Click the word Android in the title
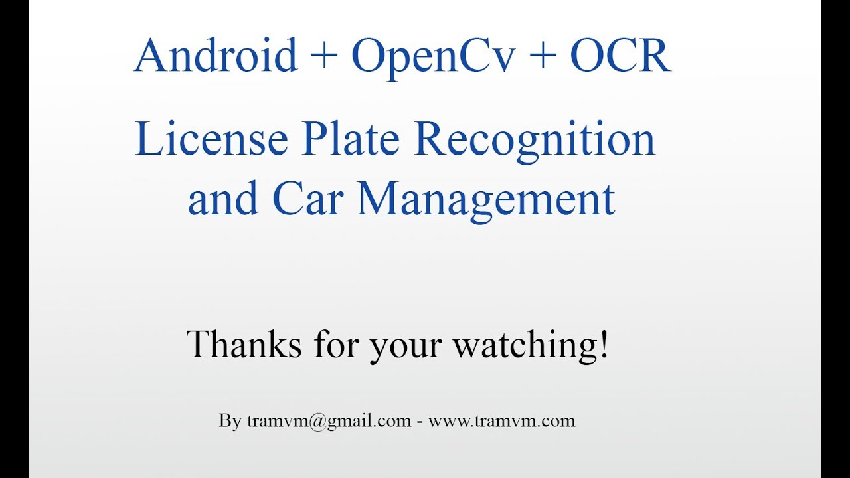215,56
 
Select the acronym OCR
620,56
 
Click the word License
211,141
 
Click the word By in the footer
230,421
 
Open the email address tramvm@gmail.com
329,421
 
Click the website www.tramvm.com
501,421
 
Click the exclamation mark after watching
603,345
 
